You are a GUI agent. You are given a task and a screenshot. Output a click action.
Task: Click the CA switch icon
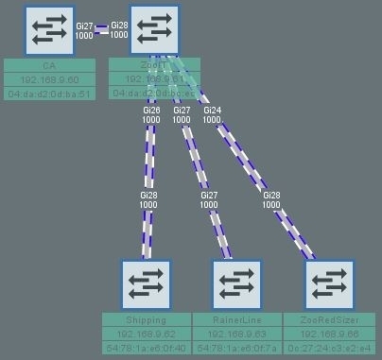(50, 30)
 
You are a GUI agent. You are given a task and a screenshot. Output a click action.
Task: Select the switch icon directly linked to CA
(155, 30)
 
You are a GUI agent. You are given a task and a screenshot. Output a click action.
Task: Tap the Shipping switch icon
(146, 283)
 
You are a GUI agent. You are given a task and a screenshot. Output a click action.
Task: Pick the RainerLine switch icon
(236, 283)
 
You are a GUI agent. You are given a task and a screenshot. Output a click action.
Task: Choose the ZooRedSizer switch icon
(328, 283)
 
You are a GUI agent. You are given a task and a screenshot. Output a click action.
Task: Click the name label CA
(50, 66)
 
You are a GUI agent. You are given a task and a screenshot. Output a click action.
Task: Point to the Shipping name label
(146, 320)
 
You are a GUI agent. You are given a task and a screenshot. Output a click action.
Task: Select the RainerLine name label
(236, 320)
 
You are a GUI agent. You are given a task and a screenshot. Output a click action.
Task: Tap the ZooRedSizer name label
(328, 320)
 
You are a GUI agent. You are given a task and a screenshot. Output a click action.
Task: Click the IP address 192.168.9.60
(50, 80)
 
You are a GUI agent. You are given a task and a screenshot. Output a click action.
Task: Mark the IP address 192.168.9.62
(146, 334)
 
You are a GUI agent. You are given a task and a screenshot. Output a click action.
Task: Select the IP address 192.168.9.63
(236, 334)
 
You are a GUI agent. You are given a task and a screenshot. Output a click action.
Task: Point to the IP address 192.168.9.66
(328, 334)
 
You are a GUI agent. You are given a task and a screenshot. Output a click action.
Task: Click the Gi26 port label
(150, 111)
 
